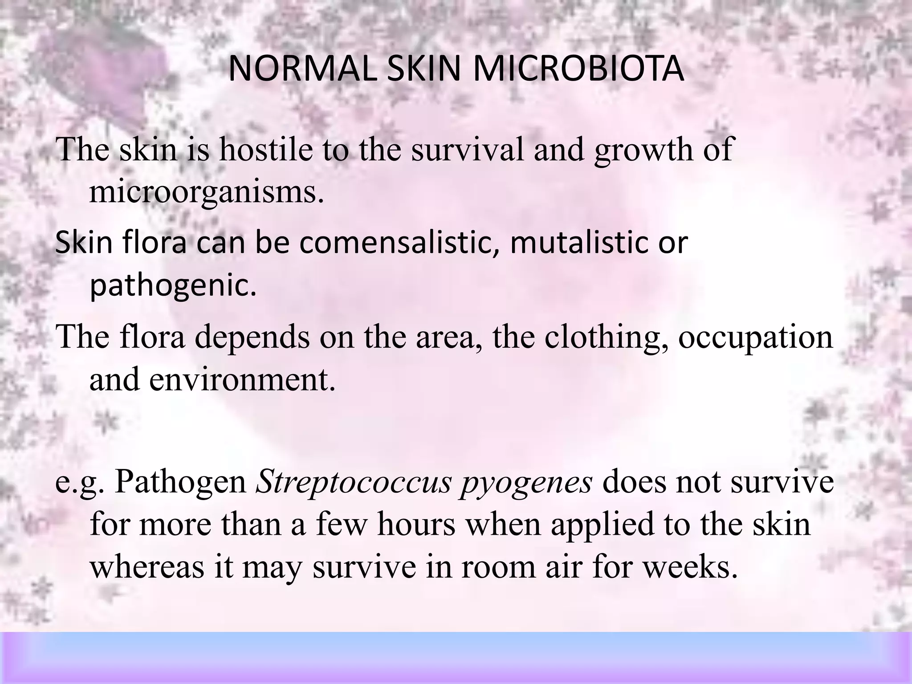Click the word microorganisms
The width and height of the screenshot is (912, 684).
tap(206, 192)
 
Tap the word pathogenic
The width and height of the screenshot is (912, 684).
tap(173, 286)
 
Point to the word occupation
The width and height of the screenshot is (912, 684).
tap(755, 337)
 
